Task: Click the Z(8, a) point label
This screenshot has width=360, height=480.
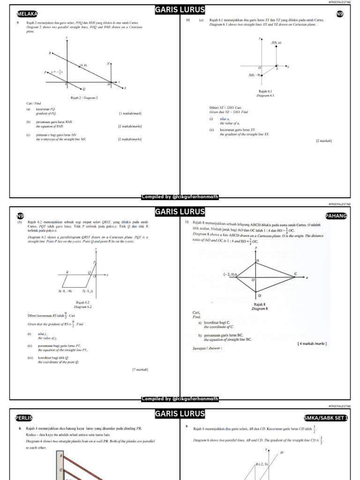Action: pyautogui.click(x=276, y=43)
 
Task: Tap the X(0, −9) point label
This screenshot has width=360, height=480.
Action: pyautogui.click(x=255, y=75)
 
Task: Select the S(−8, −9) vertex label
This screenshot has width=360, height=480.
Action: pyautogui.click(x=65, y=291)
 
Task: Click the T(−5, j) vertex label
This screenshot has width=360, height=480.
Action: pyautogui.click(x=88, y=291)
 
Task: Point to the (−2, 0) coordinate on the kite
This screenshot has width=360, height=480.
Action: pyautogui.click(x=230, y=275)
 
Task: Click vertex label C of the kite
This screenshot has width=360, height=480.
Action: pyautogui.click(x=295, y=273)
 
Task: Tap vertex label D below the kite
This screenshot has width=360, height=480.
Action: pyautogui.click(x=260, y=296)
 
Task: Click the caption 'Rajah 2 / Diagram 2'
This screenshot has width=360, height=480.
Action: pyautogui.click(x=84, y=98)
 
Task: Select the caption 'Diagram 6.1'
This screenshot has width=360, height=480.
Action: pyautogui.click(x=265, y=95)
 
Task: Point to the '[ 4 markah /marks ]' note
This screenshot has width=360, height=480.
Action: pyautogui.click(x=312, y=344)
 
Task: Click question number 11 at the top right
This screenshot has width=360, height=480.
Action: pyautogui.click(x=188, y=21)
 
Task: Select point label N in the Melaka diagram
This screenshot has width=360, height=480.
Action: pyautogui.click(x=108, y=63)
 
